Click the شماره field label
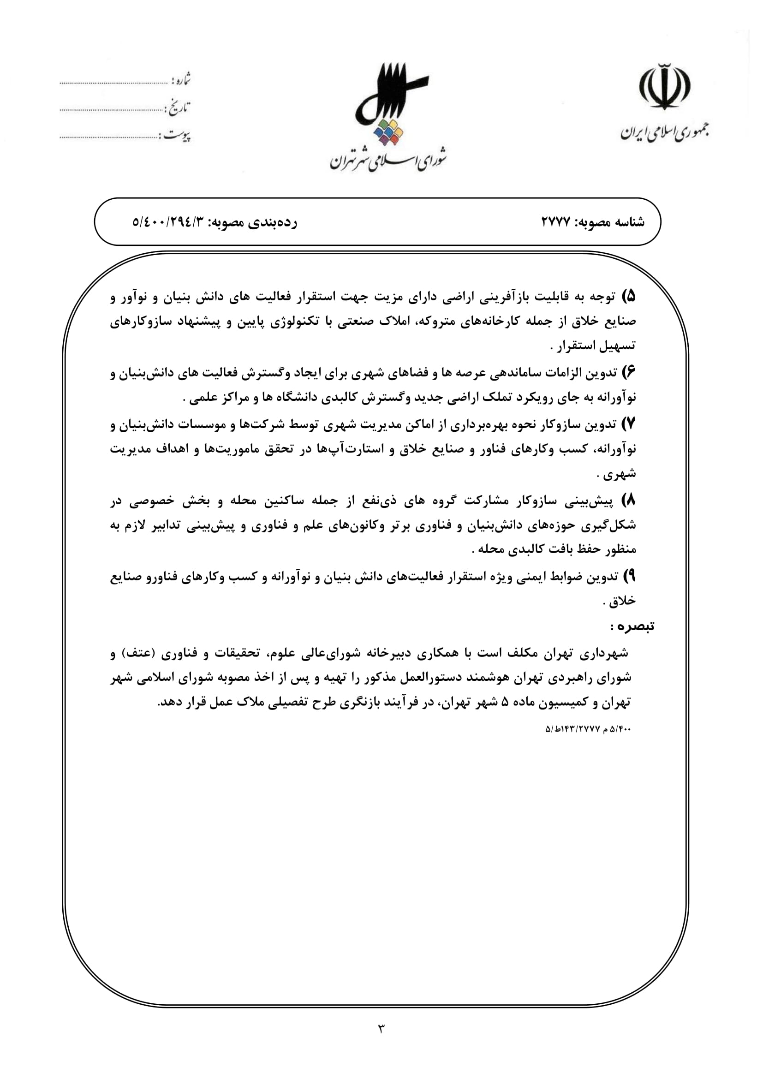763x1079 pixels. click(181, 80)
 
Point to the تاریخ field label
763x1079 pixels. click(178, 108)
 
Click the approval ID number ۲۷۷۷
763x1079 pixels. click(556, 222)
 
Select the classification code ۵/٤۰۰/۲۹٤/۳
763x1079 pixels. click(169, 222)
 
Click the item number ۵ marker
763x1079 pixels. click(629, 297)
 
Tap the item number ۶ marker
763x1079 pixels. click(629, 373)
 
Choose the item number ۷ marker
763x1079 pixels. click(629, 424)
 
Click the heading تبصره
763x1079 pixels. click(632, 626)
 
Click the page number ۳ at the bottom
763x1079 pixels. click(381, 1028)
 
